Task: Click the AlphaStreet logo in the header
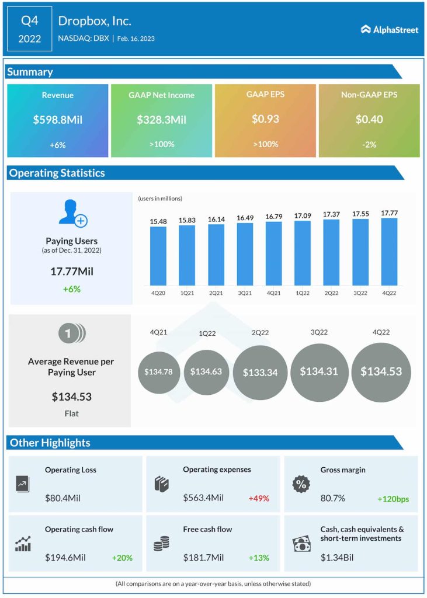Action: point(389,29)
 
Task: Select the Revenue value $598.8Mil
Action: point(58,120)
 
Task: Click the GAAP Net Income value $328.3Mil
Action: point(161,120)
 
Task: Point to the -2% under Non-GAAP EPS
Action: point(369,144)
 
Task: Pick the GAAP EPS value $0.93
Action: point(265,119)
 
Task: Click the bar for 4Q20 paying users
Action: point(158,255)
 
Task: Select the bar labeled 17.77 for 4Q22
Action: point(389,251)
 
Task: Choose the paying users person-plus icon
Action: point(72,213)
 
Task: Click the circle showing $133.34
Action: point(260,373)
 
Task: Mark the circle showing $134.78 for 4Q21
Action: point(158,372)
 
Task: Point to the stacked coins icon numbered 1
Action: point(71,333)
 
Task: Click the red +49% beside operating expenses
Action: point(259,498)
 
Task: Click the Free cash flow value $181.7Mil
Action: point(203,558)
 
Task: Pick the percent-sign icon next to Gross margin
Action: point(300,484)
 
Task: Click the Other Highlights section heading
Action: point(50,443)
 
